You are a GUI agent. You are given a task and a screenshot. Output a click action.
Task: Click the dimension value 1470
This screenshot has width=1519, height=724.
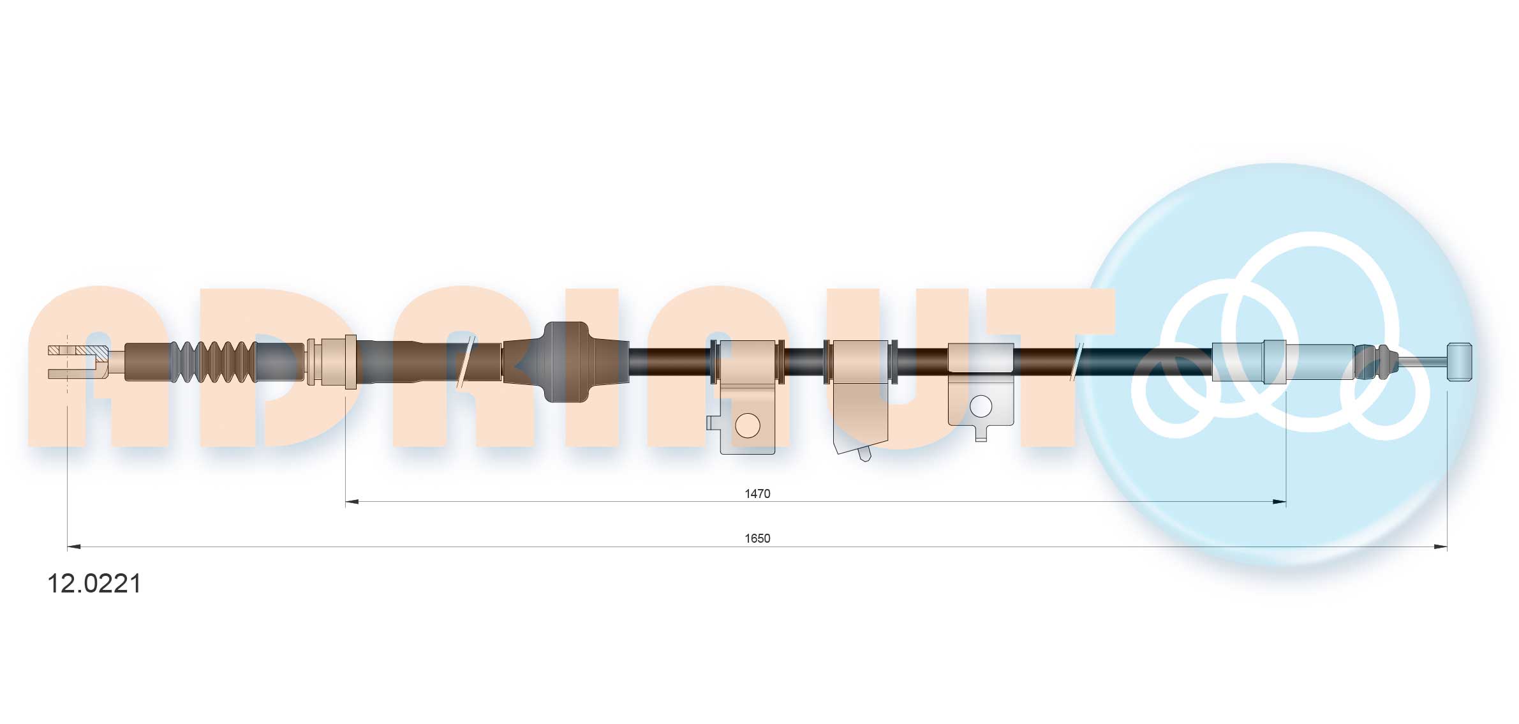757,494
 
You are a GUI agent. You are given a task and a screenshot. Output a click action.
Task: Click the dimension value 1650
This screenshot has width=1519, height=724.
757,538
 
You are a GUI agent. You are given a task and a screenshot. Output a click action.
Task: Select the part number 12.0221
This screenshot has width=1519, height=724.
94,584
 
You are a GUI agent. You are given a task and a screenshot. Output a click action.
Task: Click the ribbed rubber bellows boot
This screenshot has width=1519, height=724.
214,362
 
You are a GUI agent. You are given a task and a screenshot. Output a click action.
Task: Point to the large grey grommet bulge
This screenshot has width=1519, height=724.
565,362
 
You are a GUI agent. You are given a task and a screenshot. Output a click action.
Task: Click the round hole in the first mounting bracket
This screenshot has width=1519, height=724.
747,425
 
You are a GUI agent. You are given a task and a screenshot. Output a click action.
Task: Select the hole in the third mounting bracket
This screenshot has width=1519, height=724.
980,405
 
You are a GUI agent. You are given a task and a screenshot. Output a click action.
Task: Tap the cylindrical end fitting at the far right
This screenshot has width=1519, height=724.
1460,362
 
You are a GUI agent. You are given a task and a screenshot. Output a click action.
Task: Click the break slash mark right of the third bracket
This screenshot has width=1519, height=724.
1078,362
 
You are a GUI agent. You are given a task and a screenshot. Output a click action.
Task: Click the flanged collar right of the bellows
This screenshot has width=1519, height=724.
332,362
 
